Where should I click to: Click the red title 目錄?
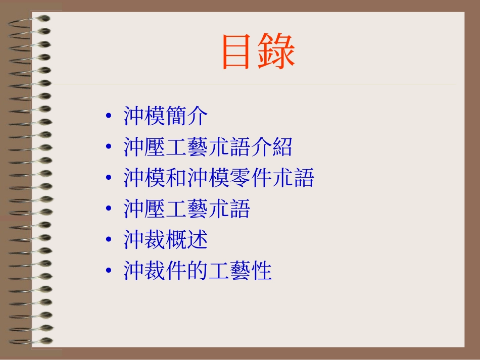coord(258,52)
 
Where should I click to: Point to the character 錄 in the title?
coord(277,52)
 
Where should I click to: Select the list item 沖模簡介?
coord(166,117)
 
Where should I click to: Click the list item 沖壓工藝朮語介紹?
coord(208,147)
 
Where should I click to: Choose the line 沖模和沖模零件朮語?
coord(219,178)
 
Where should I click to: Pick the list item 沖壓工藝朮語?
coord(187,209)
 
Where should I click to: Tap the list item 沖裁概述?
coord(166,240)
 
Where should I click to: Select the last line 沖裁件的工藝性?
coord(198,271)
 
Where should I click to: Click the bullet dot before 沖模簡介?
coord(109,118)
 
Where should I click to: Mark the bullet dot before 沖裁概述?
coord(109,241)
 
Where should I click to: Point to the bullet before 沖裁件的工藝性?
coord(109,272)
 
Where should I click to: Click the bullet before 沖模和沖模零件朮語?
coord(109,179)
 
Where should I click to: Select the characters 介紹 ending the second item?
coord(271,147)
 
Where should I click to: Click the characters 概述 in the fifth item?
coord(187,240)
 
